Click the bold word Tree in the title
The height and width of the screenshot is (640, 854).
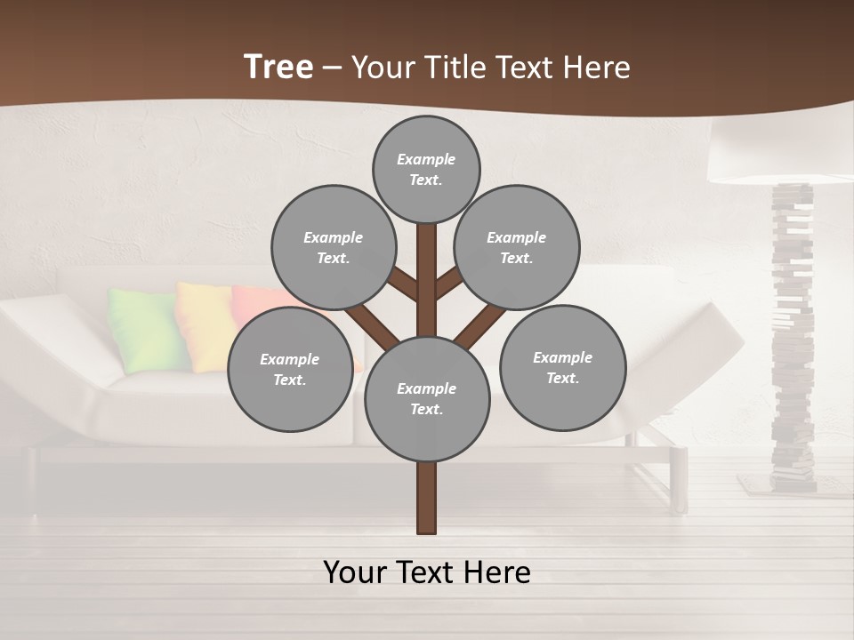pos(278,67)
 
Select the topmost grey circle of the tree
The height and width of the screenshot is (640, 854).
pos(426,169)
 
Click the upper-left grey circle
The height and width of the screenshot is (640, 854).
pos(334,247)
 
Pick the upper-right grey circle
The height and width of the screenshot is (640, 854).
pos(517,247)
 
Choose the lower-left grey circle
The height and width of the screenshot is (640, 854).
pos(290,369)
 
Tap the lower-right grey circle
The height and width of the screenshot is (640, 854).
pos(563,367)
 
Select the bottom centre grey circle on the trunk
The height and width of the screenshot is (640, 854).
pos(427,399)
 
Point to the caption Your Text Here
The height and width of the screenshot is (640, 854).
pos(427,572)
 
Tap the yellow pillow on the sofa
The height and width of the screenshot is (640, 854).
pos(203,324)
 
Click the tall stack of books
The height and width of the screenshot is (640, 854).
pos(792,338)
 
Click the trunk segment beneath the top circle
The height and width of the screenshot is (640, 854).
pos(427,267)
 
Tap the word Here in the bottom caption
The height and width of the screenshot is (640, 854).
pos(498,572)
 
